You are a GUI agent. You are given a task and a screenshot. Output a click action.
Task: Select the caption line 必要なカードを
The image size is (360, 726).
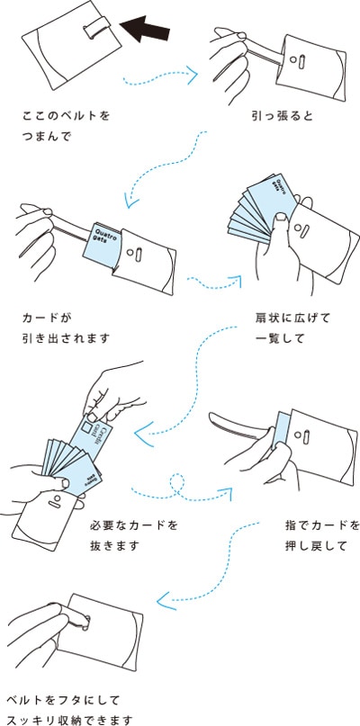134,524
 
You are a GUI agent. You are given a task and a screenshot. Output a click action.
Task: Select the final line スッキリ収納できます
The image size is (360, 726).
70,720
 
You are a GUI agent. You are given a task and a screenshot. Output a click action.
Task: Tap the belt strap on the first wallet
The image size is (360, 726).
92,28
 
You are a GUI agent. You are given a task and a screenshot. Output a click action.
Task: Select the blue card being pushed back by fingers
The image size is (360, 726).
281,430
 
